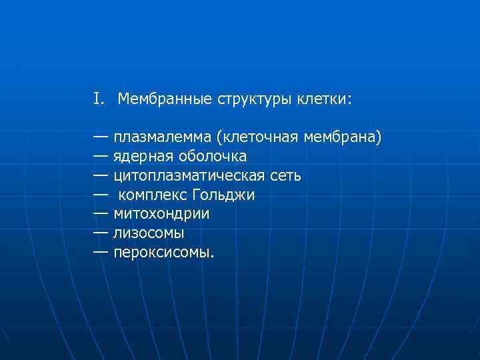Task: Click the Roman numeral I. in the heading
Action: [x=99, y=100]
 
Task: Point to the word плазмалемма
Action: [x=162, y=138]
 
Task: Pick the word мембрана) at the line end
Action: [x=343, y=138]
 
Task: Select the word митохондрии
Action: [x=161, y=215]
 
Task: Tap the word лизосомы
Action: [x=148, y=234]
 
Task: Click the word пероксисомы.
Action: [x=164, y=253]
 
